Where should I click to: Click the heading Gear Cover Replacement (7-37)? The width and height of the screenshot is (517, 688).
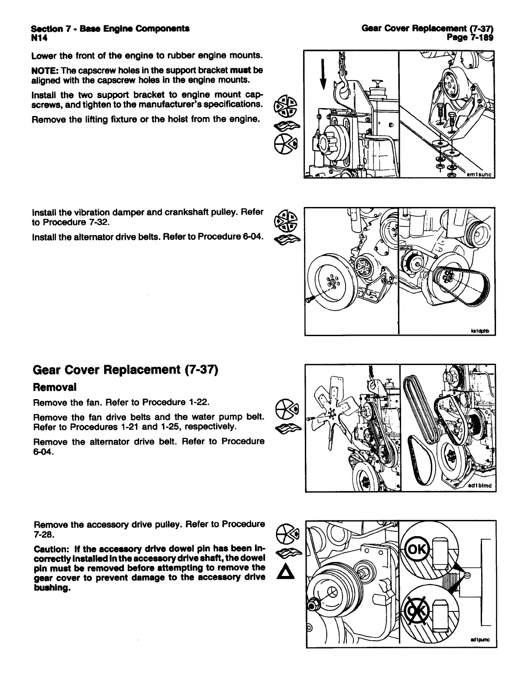coord(125,370)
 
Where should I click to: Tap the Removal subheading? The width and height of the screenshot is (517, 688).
coord(55,387)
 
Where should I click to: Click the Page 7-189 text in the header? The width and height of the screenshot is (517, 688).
coord(470,38)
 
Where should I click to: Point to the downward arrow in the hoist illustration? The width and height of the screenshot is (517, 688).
coord(323,74)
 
